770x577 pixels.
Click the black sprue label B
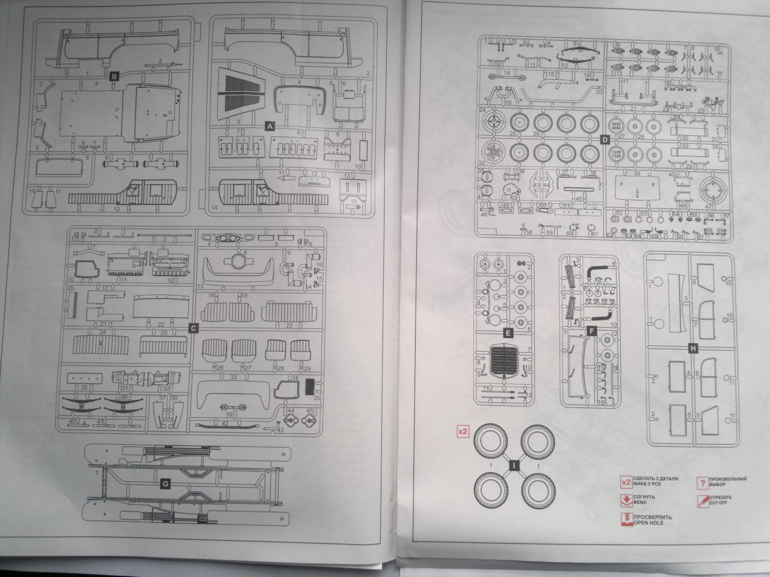pos(114,76)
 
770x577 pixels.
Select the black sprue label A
pos(269,126)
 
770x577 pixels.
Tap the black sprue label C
pos(193,328)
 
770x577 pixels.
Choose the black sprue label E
pos(508,332)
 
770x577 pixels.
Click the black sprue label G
pos(165,483)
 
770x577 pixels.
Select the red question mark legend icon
pos(701,482)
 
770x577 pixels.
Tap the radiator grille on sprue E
pos(505,361)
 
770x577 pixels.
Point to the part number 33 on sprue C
pos(234,377)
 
